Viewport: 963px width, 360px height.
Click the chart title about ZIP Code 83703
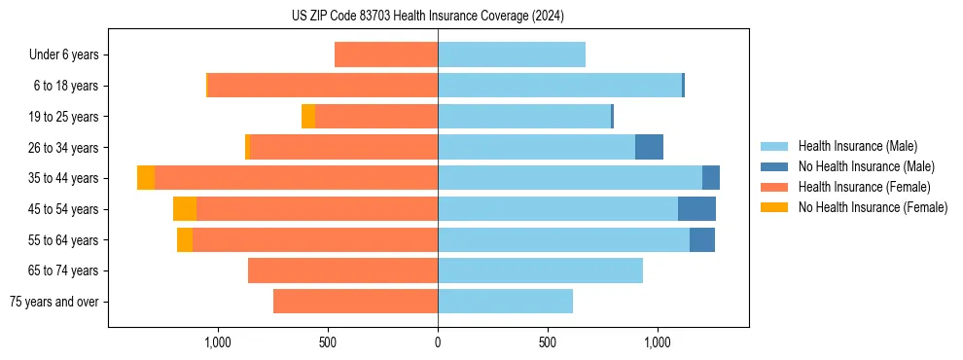pyautogui.click(x=428, y=17)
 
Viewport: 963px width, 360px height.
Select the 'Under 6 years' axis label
pyautogui.click(x=64, y=54)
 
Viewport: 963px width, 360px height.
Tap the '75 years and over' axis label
pyautogui.click(x=54, y=302)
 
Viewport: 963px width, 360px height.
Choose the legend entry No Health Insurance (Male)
pyautogui.click(x=866, y=166)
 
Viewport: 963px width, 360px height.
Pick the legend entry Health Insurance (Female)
pyautogui.click(x=864, y=187)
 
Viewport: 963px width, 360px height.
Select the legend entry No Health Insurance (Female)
pyautogui.click(x=873, y=207)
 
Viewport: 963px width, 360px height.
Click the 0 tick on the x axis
pyautogui.click(x=438, y=342)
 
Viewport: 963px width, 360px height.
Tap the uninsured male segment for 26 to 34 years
pyautogui.click(x=649, y=147)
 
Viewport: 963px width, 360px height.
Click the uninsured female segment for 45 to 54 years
pyautogui.click(x=184, y=209)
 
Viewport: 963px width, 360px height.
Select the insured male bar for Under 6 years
pyautogui.click(x=512, y=54)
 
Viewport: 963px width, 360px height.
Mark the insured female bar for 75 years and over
pyautogui.click(x=355, y=302)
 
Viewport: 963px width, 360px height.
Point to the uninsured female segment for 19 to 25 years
pyautogui.click(x=308, y=117)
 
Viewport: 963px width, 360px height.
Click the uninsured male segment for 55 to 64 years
pyautogui.click(x=702, y=239)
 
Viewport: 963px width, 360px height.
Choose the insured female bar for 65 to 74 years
pyautogui.click(x=342, y=270)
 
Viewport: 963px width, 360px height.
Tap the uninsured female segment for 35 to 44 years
pyautogui.click(x=146, y=178)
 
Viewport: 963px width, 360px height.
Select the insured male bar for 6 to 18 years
pyautogui.click(x=559, y=86)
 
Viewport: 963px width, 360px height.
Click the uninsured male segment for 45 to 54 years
pyautogui.click(x=696, y=209)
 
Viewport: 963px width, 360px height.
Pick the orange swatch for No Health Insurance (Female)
pyautogui.click(x=774, y=207)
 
